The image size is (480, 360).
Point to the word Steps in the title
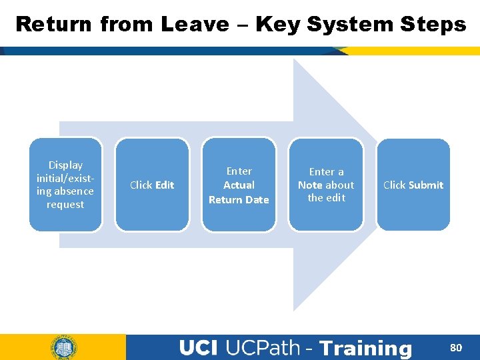point(434,25)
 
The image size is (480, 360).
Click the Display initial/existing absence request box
point(65,185)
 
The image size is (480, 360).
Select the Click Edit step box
point(152,185)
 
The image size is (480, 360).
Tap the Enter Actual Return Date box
point(239,185)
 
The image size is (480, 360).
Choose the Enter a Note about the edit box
point(326,185)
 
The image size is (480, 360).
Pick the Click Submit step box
point(413,185)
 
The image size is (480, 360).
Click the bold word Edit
point(165,185)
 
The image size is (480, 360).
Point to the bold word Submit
point(427,185)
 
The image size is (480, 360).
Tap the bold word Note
point(310,185)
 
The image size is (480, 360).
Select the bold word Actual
point(239,185)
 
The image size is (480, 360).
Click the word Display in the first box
point(65,165)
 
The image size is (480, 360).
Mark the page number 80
point(456,347)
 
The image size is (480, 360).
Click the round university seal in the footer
point(63,347)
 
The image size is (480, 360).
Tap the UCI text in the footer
point(199,348)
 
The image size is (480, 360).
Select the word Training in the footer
point(366,348)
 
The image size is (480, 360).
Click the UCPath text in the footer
point(263,348)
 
